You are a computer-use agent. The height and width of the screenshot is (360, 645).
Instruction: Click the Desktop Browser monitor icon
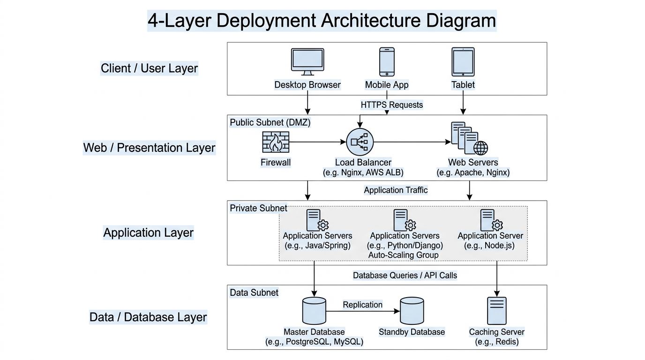(307, 61)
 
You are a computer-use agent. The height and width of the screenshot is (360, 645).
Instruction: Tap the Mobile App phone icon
(387, 61)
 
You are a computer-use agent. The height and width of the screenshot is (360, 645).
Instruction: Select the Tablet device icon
(463, 61)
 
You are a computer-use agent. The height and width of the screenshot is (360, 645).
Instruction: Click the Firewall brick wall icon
(275, 142)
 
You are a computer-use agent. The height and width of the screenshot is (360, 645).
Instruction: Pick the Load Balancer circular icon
(360, 142)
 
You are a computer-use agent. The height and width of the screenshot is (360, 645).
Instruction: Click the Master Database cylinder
(314, 310)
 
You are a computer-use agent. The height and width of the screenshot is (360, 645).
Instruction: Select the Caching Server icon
(497, 311)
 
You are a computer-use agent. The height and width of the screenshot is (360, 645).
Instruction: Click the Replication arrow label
(362, 305)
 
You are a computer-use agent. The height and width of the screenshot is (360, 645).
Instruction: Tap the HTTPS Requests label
(391, 105)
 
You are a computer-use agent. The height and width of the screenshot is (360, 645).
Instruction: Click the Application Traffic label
(396, 190)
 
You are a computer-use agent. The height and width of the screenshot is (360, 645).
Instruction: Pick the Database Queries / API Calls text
(405, 275)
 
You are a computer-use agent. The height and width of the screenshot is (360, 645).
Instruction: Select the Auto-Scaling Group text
(403, 255)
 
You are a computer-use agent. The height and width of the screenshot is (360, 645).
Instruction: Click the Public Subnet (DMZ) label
(270, 122)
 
